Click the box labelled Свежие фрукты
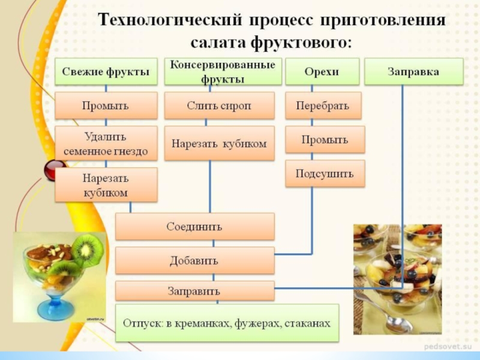click(106, 71)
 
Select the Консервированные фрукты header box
click(219, 71)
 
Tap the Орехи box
click(322, 71)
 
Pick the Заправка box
click(413, 71)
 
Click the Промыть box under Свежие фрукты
click(106, 105)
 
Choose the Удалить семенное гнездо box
click(106, 143)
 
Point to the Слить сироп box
click(219, 105)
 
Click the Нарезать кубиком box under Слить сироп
click(219, 143)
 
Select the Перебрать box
click(322, 105)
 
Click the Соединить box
click(194, 227)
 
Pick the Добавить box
click(194, 260)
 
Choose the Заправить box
click(194, 291)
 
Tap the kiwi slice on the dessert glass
click(87, 248)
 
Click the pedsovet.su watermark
click(449, 347)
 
